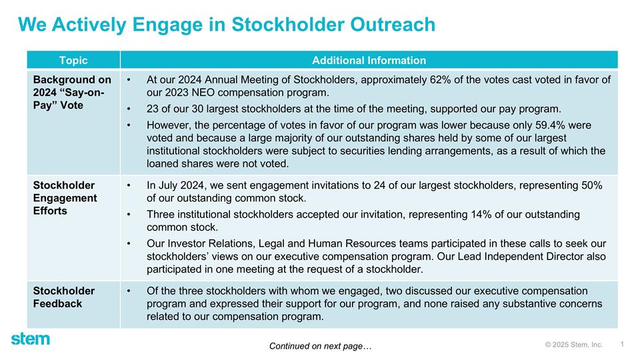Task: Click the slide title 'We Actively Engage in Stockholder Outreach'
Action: tap(226, 25)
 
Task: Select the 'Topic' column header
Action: tap(73, 60)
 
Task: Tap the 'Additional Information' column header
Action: tap(369, 60)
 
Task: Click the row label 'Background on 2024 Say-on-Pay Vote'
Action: tap(72, 93)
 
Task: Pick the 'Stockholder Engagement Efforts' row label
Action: tap(65, 198)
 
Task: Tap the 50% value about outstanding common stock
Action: tap(590, 185)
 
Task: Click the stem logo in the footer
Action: tap(30, 339)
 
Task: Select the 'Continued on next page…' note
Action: tap(320, 346)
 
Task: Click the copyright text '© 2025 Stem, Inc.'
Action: tap(573, 345)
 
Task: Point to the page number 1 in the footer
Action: tap(621, 344)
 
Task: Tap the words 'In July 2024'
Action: tap(175, 185)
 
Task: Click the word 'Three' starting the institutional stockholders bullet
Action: tap(161, 215)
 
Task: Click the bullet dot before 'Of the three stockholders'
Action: tap(128, 291)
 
